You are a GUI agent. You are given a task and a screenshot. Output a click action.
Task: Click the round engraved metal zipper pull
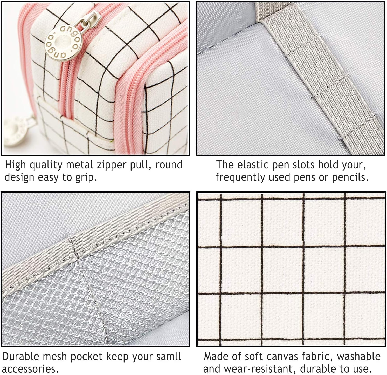[63, 42]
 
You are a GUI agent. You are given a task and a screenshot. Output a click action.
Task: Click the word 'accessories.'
[30, 369]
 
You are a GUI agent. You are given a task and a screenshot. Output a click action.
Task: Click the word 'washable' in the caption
[359, 357]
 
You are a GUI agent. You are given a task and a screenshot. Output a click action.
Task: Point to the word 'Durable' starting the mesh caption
[21, 357]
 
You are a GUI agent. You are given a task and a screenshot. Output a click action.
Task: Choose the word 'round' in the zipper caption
[169, 165]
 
